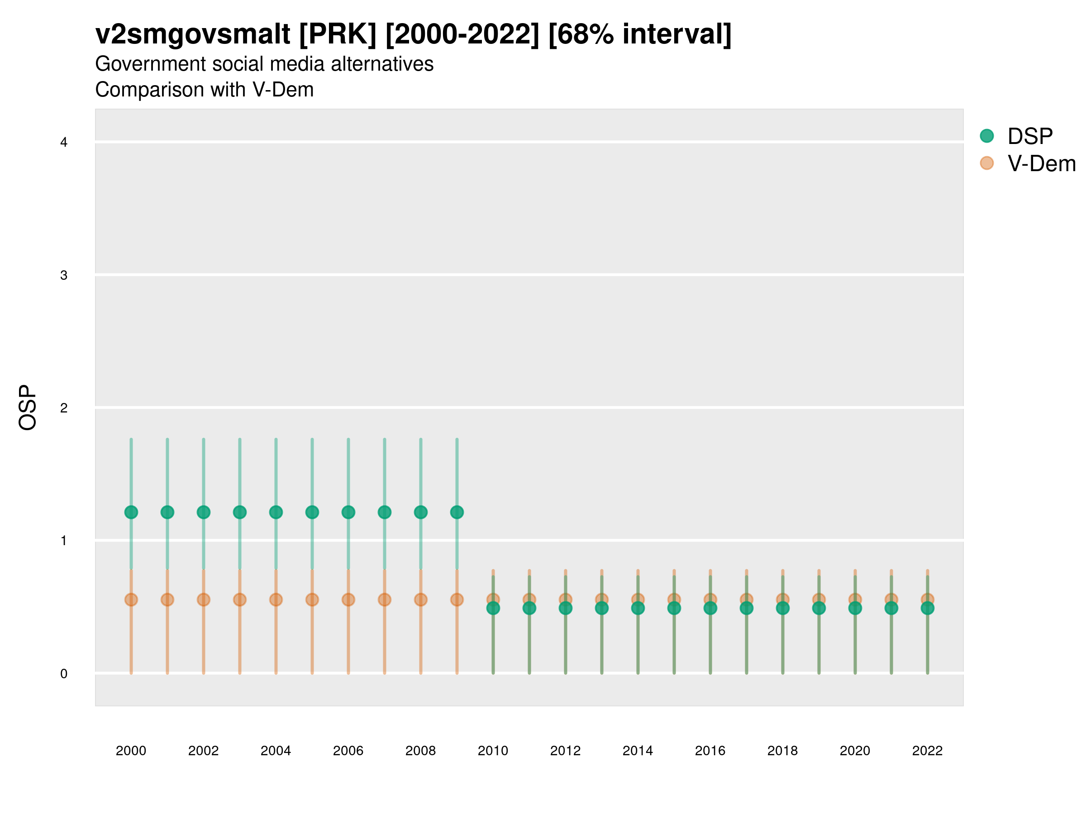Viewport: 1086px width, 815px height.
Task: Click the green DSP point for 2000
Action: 131,513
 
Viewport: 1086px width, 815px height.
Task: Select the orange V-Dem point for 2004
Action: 276,600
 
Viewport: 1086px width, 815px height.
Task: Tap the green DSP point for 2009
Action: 457,513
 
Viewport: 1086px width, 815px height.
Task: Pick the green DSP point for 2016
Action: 710,608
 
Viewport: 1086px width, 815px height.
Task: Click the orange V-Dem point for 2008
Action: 421,600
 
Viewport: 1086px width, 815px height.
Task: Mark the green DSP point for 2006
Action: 348,513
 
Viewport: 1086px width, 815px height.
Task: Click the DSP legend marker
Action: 987,136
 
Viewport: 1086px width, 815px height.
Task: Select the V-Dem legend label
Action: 1041,163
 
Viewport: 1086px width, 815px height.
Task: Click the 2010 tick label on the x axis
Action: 493,751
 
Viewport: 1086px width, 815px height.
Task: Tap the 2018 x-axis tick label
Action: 782,751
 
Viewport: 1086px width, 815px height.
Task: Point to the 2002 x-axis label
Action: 203,751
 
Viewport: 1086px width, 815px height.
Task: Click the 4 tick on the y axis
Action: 64,143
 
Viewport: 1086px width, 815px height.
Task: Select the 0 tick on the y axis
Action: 64,674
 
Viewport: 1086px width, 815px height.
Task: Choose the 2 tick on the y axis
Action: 64,408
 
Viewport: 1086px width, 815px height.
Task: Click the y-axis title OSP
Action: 28,408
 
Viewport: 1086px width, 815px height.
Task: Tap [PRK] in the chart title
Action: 338,34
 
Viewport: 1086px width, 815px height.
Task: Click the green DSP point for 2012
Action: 566,608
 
